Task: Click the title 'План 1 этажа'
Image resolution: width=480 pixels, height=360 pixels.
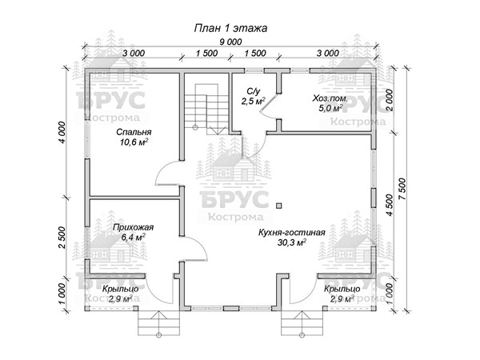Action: click(230, 28)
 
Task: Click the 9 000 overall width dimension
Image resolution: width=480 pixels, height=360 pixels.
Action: click(230, 42)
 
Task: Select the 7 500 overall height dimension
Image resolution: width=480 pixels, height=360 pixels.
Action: click(403, 189)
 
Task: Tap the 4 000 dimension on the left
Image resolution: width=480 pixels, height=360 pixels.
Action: click(62, 133)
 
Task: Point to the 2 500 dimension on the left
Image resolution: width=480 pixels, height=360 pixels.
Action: click(62, 238)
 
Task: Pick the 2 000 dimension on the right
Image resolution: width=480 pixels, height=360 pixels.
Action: click(390, 101)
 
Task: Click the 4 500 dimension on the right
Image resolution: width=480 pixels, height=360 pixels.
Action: click(390, 205)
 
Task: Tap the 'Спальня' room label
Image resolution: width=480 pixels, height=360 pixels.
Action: click(134, 132)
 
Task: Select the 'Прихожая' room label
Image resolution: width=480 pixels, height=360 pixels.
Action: click(133, 228)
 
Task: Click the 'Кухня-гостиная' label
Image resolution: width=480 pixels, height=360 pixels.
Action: click(291, 232)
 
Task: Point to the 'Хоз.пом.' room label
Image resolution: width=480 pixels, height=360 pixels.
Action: click(330, 98)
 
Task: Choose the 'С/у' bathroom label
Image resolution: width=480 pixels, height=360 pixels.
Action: click(253, 91)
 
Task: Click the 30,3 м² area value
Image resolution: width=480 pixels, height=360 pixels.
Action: click(292, 242)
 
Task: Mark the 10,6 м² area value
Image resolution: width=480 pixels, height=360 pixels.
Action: click(134, 142)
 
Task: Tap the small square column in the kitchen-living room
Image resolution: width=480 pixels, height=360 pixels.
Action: click(278, 206)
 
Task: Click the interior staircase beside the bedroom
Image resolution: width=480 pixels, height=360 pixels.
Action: click(206, 109)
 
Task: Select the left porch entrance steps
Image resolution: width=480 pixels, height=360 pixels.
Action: click(159, 324)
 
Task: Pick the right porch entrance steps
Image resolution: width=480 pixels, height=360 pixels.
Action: click(302, 324)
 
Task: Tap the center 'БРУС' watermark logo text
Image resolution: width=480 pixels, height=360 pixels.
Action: click(234, 199)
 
